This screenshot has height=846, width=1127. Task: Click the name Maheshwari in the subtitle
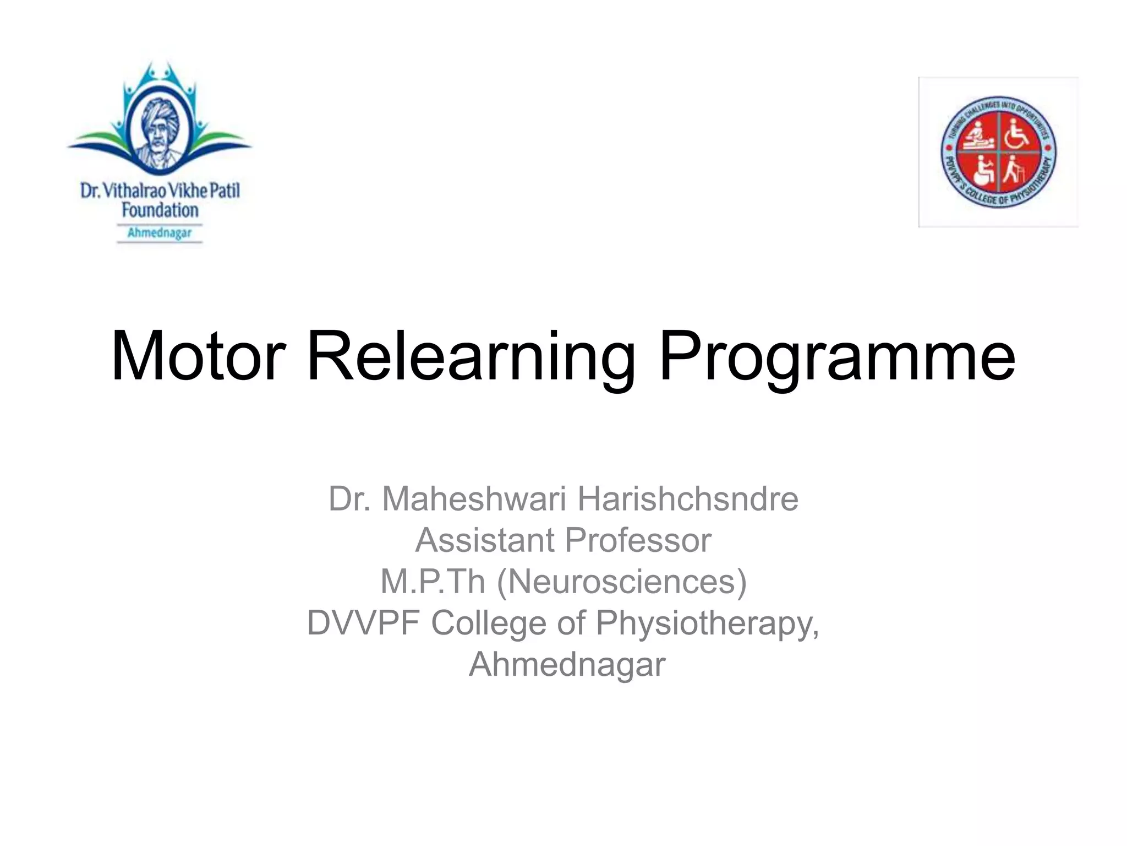(x=474, y=499)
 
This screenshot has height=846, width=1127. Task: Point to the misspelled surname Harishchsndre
(x=687, y=499)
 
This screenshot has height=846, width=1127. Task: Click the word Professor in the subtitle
(x=638, y=540)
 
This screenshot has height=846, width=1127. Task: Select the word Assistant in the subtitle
(x=485, y=540)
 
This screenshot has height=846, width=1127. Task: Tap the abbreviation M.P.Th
(x=433, y=582)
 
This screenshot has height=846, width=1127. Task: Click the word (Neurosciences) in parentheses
(x=622, y=582)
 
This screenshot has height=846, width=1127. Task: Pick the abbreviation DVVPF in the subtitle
(x=364, y=623)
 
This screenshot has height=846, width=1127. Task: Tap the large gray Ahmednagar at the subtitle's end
(x=567, y=665)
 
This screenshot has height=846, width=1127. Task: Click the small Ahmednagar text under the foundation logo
(x=160, y=233)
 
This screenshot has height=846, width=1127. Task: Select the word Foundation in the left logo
(x=160, y=210)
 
